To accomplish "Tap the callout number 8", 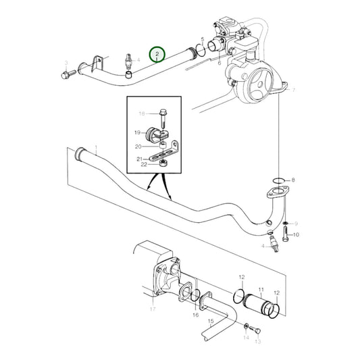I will coord(292,180).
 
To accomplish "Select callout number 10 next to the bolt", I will coord(295,234).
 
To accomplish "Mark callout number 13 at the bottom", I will coord(257,342).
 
